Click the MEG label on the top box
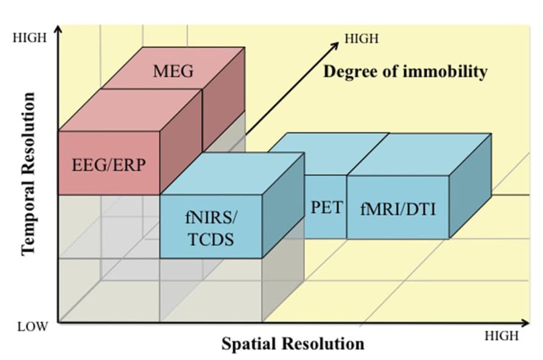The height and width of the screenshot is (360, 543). click(173, 71)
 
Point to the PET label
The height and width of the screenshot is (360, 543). click(326, 206)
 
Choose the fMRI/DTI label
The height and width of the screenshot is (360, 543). click(398, 208)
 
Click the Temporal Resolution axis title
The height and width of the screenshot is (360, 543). click(29, 174)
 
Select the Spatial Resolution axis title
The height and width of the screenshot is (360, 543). click(293, 344)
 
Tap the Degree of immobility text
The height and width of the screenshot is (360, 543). click(405, 72)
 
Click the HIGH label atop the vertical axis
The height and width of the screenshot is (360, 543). click(29, 38)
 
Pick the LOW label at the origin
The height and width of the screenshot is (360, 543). click(32, 326)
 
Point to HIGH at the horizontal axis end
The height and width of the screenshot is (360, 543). click(502, 336)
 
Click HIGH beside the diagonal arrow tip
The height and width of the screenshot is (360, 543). click(362, 39)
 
